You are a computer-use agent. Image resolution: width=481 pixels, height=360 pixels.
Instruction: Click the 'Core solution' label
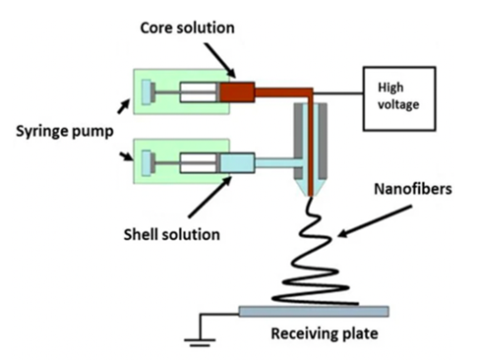187,28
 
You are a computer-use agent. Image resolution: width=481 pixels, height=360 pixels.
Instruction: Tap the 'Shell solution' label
171,235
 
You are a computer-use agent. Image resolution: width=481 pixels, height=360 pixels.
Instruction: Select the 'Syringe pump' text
65,132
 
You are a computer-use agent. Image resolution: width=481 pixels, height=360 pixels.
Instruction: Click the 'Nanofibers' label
413,189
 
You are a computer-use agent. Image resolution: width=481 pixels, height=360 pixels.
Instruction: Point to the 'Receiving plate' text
325,333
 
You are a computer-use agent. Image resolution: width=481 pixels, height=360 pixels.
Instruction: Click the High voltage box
399,98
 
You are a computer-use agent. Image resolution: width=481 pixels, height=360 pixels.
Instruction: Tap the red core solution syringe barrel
237,92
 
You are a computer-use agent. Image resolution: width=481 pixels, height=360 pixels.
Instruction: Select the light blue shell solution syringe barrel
237,163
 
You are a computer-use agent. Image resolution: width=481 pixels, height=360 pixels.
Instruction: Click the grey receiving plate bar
314,311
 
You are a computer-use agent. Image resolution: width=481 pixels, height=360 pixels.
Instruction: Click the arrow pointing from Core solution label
219,60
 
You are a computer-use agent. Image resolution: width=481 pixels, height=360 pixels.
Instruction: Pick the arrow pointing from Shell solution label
210,197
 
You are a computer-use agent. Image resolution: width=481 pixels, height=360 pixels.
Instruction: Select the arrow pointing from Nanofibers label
375,221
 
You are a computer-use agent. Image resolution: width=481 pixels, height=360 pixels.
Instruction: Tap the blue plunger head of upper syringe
147,92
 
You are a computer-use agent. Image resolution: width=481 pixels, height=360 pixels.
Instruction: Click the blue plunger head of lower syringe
147,163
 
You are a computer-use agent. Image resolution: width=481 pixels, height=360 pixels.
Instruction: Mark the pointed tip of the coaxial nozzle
311,196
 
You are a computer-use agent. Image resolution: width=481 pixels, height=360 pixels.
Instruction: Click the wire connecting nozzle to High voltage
338,93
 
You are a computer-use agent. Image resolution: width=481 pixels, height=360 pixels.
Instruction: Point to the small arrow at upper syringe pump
124,107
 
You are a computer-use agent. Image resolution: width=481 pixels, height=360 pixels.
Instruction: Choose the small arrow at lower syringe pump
127,156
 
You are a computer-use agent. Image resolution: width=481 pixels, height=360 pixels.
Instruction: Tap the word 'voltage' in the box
398,104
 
